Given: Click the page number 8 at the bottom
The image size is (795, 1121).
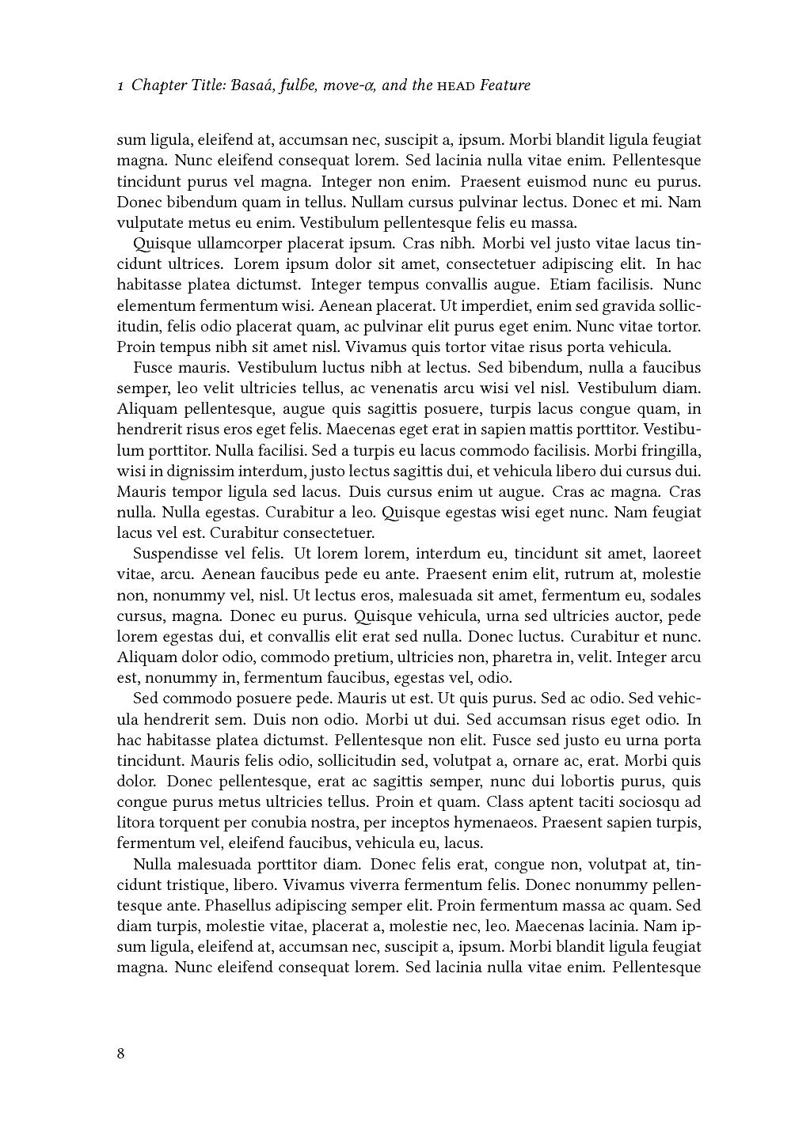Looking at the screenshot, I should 120,1053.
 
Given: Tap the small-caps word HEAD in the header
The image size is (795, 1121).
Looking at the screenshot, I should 457,86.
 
